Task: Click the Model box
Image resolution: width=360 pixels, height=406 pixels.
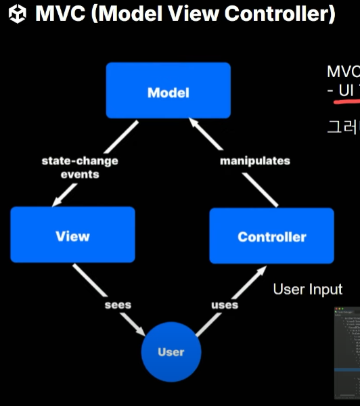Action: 168,91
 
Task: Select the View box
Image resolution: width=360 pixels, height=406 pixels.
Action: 72,235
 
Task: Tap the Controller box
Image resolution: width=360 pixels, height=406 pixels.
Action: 271,236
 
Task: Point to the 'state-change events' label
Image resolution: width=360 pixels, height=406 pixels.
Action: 79,167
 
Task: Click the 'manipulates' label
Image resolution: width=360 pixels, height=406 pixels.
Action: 254,160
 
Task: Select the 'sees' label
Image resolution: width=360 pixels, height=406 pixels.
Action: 117,304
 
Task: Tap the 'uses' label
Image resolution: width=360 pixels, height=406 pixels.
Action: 225,304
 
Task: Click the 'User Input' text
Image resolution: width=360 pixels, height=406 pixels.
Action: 307,290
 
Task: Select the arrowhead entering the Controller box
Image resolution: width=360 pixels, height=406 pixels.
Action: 260,270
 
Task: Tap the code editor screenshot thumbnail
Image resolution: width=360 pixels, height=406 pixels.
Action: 347,352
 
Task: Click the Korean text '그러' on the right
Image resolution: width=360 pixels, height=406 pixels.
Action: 342,126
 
